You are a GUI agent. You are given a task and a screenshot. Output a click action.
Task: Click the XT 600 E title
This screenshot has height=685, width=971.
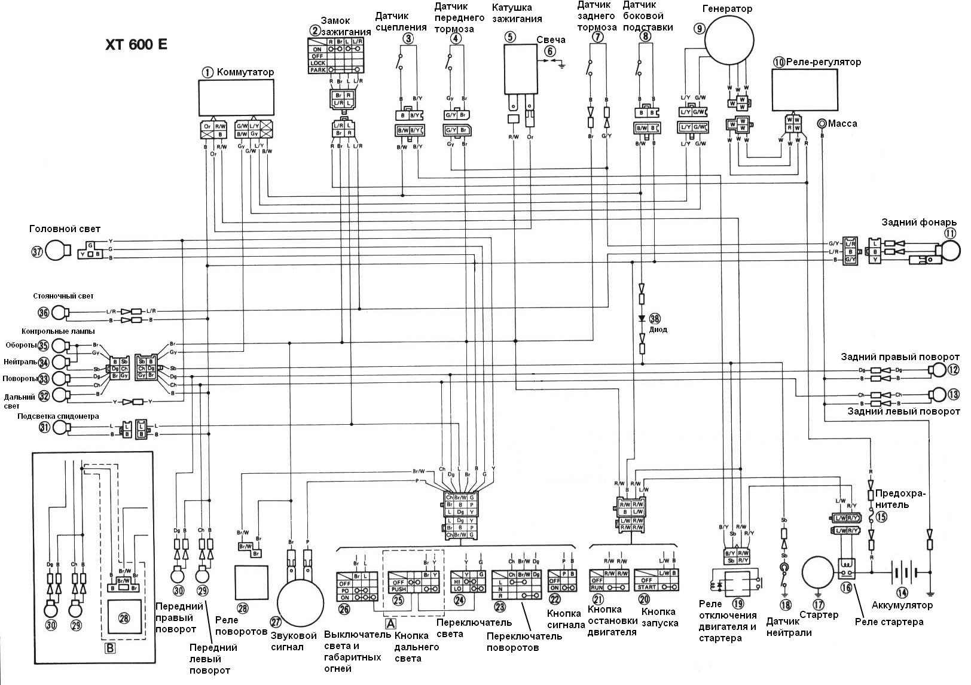click(x=136, y=46)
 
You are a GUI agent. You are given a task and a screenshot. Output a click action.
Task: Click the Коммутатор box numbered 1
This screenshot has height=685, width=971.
click(x=236, y=98)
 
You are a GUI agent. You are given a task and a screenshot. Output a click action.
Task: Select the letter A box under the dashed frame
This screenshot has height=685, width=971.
click(x=390, y=623)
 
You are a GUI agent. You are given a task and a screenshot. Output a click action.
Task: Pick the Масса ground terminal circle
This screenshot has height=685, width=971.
click(x=822, y=124)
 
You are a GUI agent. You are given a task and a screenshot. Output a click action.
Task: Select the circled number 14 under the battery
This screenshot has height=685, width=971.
click(x=901, y=593)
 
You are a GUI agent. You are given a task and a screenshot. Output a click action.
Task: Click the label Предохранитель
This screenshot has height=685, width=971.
click(x=900, y=500)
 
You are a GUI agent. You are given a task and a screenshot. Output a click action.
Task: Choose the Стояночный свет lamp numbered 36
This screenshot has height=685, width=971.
click(x=58, y=312)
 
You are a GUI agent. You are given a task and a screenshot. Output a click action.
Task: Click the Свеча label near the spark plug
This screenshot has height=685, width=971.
click(x=550, y=39)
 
